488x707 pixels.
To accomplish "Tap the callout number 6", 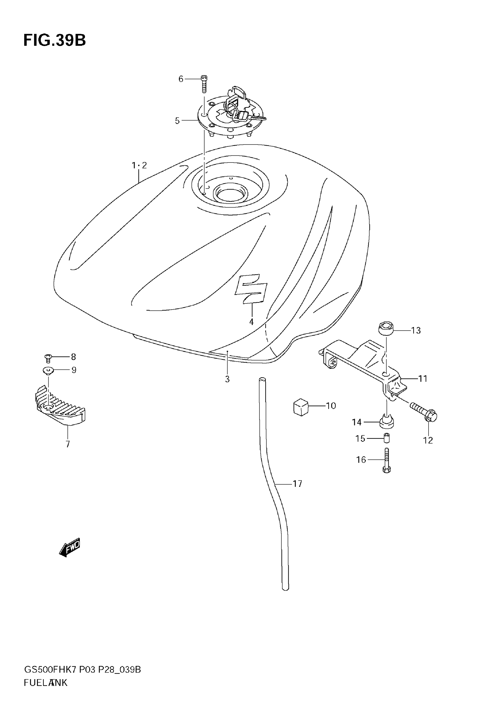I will (181, 79).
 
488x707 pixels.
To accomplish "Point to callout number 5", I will (177, 121).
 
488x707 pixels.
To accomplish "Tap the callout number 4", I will (251, 322).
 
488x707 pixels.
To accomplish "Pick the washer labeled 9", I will (48, 371).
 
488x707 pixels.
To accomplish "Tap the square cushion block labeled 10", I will (301, 407).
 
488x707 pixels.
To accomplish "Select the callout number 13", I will (416, 331).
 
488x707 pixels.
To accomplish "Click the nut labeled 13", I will (385, 329).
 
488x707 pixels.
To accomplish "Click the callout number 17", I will (297, 484).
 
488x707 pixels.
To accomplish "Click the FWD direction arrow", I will (70, 547).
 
